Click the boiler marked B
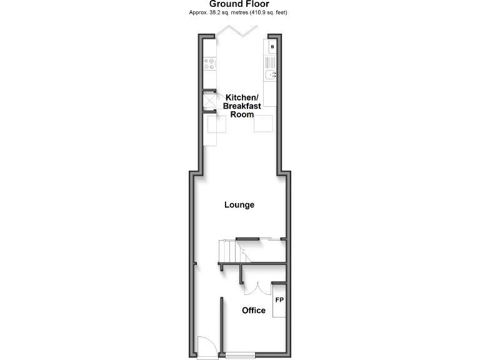pos(272,47)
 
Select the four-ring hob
pos(209,64)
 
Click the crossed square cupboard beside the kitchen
pos(209,101)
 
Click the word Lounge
pos(240,204)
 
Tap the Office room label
pos(254,310)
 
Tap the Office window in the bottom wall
pos(241,356)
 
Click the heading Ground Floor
pos(239,4)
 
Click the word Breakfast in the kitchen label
pos(241,106)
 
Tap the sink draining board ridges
pos(271,62)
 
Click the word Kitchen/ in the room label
pos(241,97)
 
